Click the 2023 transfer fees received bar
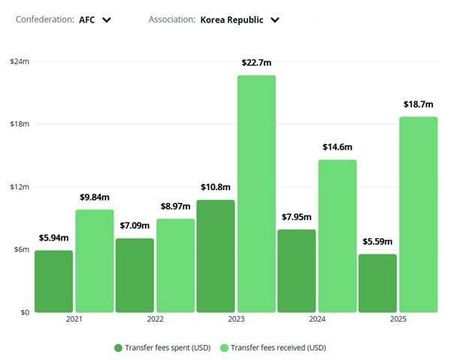tap(256, 194)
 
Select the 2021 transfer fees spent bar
tap(54, 281)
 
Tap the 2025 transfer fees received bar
tap(418, 214)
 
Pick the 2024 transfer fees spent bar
tap(296, 271)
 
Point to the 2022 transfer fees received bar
tap(175, 265)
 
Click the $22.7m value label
tap(257, 63)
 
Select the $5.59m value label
tap(377, 242)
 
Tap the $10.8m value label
tap(215, 187)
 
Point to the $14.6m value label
tap(337, 147)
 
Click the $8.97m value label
tap(175, 207)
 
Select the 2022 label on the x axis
tap(155, 320)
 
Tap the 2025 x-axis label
tap(398, 320)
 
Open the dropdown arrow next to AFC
tap(107, 20)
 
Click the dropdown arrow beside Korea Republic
tap(275, 20)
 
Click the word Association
tap(172, 20)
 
